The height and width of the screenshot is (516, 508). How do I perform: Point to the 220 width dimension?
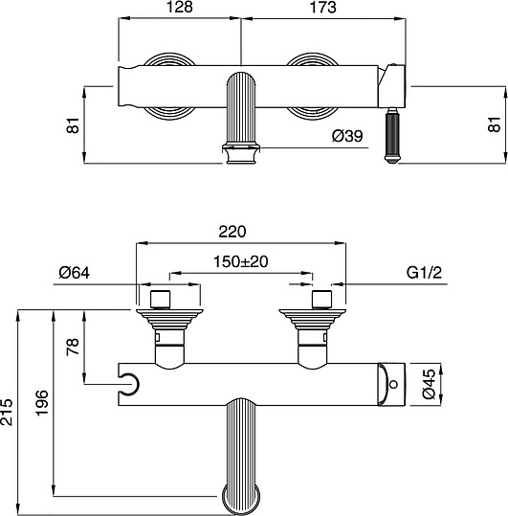pos(232,232)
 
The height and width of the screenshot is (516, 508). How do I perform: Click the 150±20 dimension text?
pos(240,262)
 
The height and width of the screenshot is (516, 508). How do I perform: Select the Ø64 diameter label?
pos(74,274)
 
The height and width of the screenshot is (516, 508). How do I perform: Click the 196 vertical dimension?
pos(40,402)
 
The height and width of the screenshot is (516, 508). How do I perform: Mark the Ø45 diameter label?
pos(430,383)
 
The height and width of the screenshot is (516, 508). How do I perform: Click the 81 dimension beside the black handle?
pos(494,124)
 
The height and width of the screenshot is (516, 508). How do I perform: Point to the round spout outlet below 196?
pos(239,498)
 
